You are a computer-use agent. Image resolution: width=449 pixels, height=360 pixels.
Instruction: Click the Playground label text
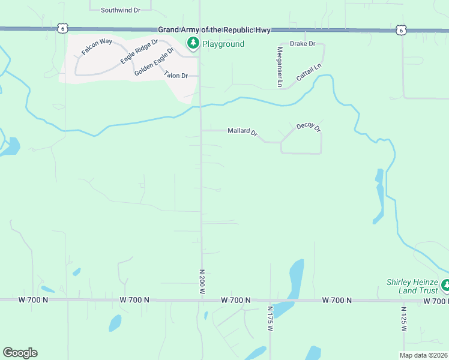click(x=223, y=44)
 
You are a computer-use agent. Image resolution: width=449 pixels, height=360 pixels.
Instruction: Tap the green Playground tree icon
click(x=193, y=43)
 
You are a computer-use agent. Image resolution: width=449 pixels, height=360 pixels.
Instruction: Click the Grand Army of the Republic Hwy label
click(x=215, y=29)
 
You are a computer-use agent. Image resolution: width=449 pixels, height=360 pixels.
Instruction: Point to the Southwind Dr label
click(x=120, y=10)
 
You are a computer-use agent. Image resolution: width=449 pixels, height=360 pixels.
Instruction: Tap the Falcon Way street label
click(x=97, y=47)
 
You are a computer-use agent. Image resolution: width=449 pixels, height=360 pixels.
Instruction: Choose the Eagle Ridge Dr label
click(x=139, y=51)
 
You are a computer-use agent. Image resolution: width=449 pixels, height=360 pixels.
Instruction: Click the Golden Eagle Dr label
click(x=154, y=61)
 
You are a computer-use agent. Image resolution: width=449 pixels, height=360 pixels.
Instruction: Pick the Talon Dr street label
click(x=176, y=75)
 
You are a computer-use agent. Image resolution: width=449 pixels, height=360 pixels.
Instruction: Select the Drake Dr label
click(x=303, y=44)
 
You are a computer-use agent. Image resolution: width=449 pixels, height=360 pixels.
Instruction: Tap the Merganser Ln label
click(x=280, y=67)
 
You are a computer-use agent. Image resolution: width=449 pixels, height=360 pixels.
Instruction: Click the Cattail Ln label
click(x=309, y=73)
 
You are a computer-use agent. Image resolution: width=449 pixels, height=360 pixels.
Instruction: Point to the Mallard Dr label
click(x=243, y=132)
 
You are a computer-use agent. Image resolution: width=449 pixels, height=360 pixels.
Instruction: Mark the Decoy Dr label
click(x=309, y=128)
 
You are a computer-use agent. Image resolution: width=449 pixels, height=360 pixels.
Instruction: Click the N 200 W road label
click(x=202, y=281)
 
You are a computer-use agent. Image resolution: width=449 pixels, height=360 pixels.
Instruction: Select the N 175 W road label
click(x=270, y=319)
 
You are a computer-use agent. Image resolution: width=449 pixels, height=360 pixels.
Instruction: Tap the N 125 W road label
click(x=404, y=319)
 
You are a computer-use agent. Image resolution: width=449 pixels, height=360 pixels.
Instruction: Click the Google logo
click(x=20, y=353)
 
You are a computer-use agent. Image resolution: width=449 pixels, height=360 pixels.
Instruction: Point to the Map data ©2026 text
click(x=423, y=355)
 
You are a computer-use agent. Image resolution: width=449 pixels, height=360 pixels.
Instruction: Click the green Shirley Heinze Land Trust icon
click(x=445, y=284)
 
